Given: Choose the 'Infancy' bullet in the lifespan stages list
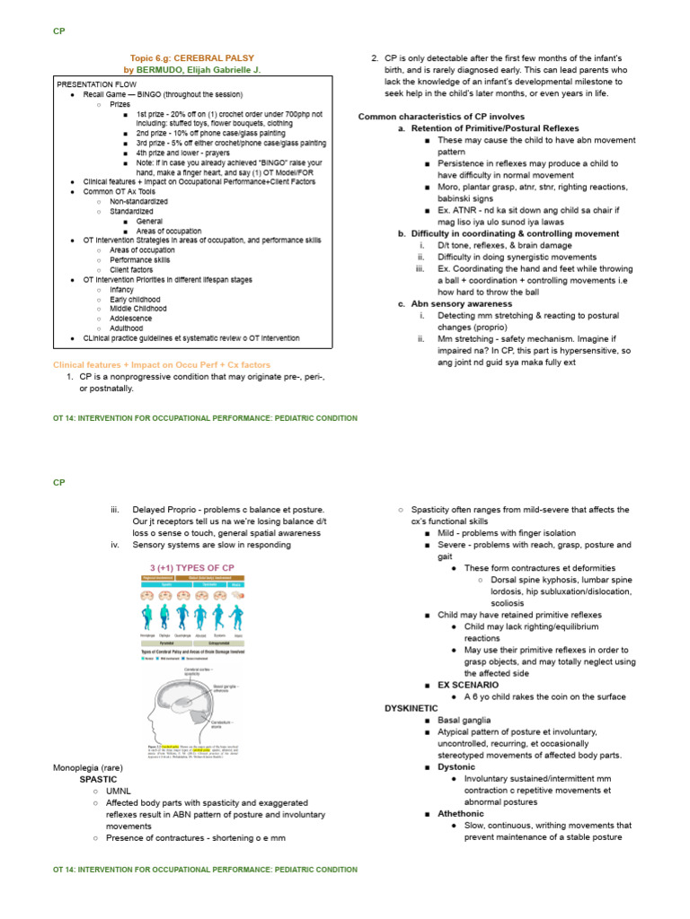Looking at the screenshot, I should [121, 289].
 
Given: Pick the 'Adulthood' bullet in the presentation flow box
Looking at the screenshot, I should [126, 328].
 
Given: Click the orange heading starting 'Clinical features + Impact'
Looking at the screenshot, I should [162, 365].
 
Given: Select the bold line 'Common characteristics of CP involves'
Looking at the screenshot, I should [441, 117].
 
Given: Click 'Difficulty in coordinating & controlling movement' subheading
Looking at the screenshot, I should [515, 233].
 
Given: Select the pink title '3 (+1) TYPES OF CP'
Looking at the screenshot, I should [193, 567].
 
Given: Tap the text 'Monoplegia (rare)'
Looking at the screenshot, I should [88, 768].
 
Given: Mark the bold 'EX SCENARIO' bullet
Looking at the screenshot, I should [468, 685].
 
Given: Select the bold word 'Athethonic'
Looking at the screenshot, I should [461, 813].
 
